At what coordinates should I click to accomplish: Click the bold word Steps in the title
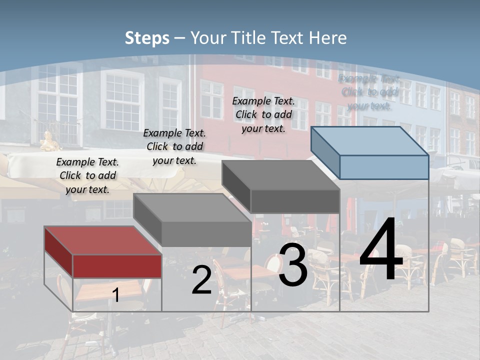point(147,38)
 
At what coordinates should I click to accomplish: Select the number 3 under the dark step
point(293,265)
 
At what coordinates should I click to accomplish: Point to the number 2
point(202,280)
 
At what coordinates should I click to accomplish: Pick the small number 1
point(116,295)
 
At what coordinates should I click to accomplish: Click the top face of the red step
point(102,240)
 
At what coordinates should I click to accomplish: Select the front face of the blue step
point(384,167)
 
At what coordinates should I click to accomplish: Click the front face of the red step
point(117,266)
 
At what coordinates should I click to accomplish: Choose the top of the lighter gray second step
point(192,207)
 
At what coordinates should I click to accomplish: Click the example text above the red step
point(87,175)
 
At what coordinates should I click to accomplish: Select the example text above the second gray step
point(174,146)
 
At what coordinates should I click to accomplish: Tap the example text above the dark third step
point(263,114)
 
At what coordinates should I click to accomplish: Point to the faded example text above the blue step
point(369,92)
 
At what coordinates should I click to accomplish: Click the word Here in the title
point(328,38)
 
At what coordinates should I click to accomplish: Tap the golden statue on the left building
point(49,141)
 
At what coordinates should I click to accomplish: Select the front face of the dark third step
point(295,201)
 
